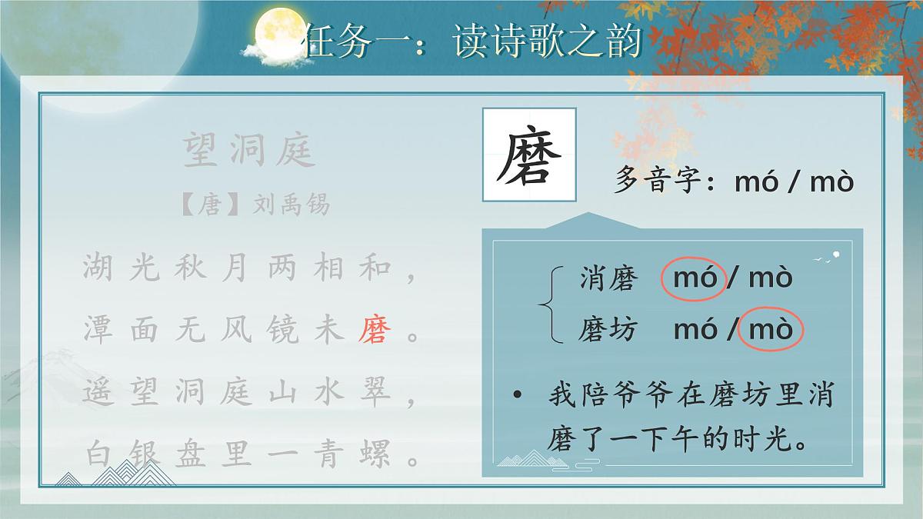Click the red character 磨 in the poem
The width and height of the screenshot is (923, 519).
click(375, 331)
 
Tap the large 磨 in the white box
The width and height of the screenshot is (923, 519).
click(528, 158)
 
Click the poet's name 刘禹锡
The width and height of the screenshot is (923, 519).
click(292, 205)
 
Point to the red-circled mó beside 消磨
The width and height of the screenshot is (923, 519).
click(694, 278)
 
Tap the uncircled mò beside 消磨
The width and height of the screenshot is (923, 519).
click(770, 278)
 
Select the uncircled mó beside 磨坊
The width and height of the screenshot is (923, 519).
click(694, 330)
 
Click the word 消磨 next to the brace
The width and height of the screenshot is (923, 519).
click(608, 279)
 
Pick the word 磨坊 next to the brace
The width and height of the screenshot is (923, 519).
click(608, 330)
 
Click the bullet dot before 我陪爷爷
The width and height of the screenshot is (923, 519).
click(518, 395)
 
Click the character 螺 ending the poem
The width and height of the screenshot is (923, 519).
click(375, 454)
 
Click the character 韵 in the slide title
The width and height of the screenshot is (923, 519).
click(623, 42)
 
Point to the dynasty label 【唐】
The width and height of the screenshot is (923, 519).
click(203, 205)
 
